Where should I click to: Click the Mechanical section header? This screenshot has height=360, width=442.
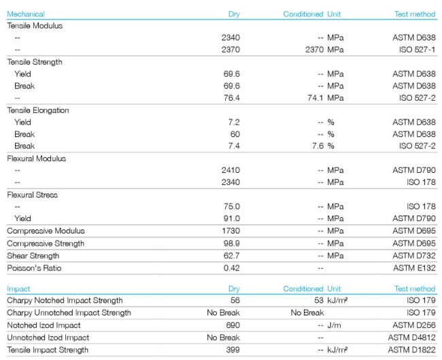26,14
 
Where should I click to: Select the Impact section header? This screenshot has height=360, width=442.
18,289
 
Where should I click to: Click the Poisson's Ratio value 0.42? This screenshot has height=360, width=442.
231,267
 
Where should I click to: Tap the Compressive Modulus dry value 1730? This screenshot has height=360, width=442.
231,231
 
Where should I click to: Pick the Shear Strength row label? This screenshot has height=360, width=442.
33,256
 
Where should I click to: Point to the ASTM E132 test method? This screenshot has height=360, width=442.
414,267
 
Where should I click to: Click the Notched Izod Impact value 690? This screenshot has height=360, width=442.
233,325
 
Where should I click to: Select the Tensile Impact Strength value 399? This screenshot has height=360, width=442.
233,350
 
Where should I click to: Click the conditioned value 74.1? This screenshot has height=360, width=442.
315,98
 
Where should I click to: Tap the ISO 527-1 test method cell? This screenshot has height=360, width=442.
418,50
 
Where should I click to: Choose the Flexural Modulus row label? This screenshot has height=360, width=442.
36,159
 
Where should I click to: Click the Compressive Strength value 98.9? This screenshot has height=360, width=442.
231,243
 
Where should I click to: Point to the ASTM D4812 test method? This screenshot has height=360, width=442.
412,338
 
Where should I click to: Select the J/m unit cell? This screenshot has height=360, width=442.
334,325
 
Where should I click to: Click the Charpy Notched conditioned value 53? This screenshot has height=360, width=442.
319,300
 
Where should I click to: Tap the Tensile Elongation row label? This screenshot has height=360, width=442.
38,110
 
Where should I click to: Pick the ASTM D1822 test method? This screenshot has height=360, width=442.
412,350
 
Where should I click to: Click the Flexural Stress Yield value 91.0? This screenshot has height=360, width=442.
231,218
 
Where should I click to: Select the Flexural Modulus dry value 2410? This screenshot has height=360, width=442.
231,170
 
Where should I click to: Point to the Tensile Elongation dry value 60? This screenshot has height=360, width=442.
235,134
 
